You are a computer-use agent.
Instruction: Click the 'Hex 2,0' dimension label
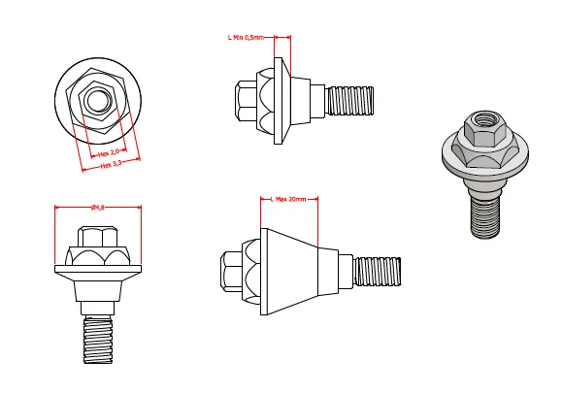coord(109,153)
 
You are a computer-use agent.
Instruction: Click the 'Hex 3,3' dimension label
coord(111,164)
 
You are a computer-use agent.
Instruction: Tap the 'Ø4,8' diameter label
coord(98,207)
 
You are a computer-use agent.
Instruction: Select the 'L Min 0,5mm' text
coord(246,37)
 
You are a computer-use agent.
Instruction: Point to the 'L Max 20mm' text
coord(288,199)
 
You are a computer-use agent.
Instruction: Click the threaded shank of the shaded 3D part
coord(484,217)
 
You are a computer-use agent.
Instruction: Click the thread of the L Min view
coord(349,101)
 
